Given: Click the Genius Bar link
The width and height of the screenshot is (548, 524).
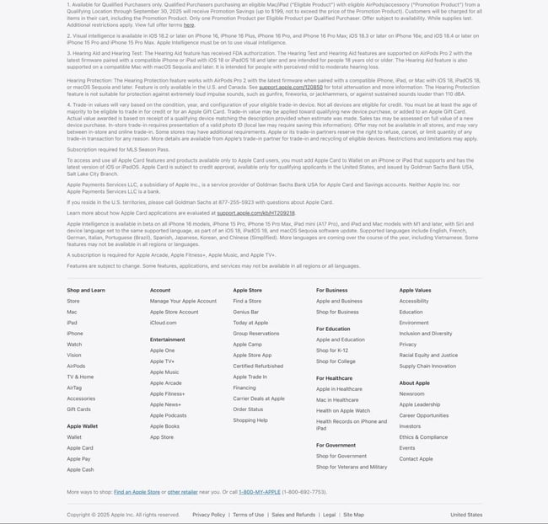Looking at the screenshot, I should [246, 312].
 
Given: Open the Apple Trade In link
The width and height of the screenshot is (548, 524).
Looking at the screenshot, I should [250, 377].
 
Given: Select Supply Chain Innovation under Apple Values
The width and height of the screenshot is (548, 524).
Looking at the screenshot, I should [427, 366].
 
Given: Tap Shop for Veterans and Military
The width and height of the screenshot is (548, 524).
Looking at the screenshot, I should [352, 467].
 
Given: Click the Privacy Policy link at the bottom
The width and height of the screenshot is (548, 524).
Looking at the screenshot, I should [208, 515].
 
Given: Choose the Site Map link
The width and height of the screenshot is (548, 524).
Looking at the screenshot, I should [353, 515].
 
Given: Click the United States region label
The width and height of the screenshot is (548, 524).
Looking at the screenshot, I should [466, 515].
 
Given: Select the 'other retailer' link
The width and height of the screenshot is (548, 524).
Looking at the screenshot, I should [182, 492].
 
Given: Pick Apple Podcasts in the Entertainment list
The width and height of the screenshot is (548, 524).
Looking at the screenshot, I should [169, 415].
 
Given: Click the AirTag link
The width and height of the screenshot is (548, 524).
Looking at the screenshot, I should [74, 388].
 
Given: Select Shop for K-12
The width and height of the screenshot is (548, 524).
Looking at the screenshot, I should [332, 350].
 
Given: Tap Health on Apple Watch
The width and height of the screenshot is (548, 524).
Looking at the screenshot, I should [343, 410].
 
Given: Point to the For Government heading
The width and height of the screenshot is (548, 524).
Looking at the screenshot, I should [336, 445].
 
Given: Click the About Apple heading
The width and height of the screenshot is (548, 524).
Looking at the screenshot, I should [414, 383].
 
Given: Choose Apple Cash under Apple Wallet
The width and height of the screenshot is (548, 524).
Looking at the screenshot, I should [80, 470].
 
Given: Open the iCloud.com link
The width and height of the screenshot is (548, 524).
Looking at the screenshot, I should [164, 322].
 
